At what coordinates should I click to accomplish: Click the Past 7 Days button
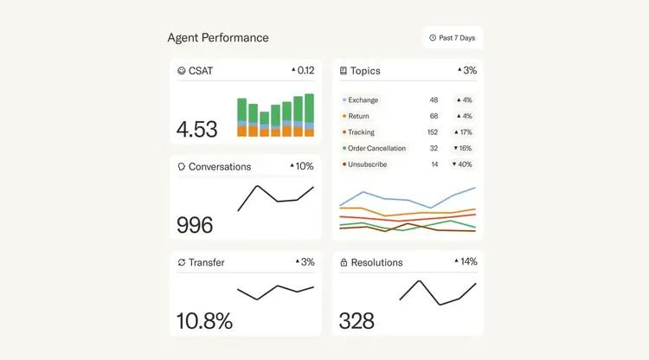point(453,38)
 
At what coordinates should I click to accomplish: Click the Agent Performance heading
point(218,38)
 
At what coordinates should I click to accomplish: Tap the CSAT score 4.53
point(197,130)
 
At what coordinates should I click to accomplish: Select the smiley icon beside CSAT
point(181,71)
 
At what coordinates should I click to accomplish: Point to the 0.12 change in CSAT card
point(302,70)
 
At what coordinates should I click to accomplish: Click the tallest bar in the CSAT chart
point(308,116)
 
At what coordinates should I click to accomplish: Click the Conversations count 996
point(195,225)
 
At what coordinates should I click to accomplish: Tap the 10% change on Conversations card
point(301,166)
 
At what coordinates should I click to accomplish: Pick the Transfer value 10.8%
point(204,321)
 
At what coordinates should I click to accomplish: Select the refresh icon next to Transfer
point(181,262)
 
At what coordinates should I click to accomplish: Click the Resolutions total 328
point(357,321)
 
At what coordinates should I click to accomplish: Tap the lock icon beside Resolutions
point(344,262)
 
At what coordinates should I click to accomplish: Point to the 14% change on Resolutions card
point(466,261)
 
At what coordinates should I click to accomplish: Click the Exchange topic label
point(363,100)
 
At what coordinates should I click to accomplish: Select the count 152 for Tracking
point(433,132)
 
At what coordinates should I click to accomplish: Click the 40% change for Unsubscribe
point(464,164)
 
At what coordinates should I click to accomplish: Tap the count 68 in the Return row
point(434,116)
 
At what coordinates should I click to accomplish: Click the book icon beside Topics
point(344,71)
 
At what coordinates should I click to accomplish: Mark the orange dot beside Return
point(344,116)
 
